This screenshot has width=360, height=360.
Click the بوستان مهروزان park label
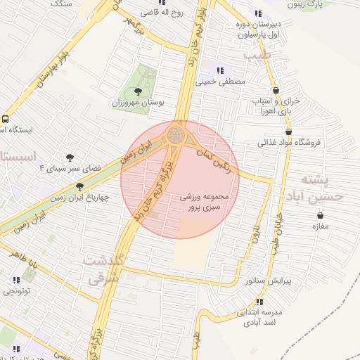tap(138, 103)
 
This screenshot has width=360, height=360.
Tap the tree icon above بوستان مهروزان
tap(138, 91)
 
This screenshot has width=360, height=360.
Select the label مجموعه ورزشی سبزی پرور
tap(205, 202)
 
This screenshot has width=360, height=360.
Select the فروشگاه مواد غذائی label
tap(289, 143)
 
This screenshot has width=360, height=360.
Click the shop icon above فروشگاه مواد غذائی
tap(289, 131)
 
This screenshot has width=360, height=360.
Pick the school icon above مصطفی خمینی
tap(221, 70)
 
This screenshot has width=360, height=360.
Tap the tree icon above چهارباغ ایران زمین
tap(79, 186)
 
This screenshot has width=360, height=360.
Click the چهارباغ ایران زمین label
tap(80, 198)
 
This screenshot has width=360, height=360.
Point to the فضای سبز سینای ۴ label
tap(70, 169)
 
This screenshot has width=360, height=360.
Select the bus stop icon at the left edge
tap(4, 119)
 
